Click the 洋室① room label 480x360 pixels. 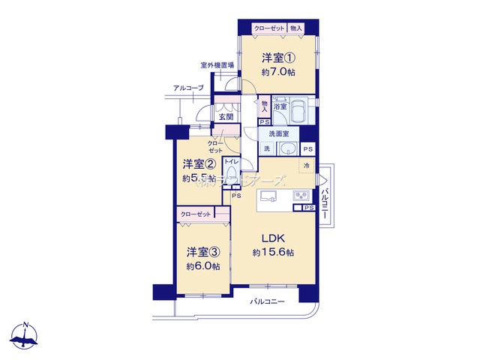tap(277, 58)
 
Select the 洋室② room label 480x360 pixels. tap(199, 163)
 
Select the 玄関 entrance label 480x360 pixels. tap(226, 117)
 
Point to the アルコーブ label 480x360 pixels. tap(187, 88)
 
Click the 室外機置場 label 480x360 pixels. tap(217, 65)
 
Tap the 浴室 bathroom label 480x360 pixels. tap(280, 108)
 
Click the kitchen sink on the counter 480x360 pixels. tap(271, 197)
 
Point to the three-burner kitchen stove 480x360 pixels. tap(302, 196)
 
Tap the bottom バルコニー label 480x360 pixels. tap(266, 301)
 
